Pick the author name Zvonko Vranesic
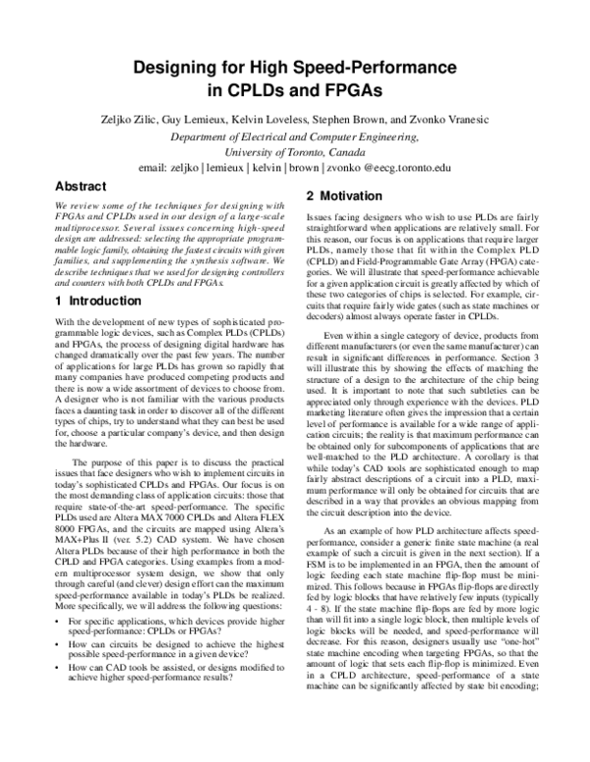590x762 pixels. (x=464, y=120)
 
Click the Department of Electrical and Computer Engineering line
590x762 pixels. (x=295, y=136)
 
